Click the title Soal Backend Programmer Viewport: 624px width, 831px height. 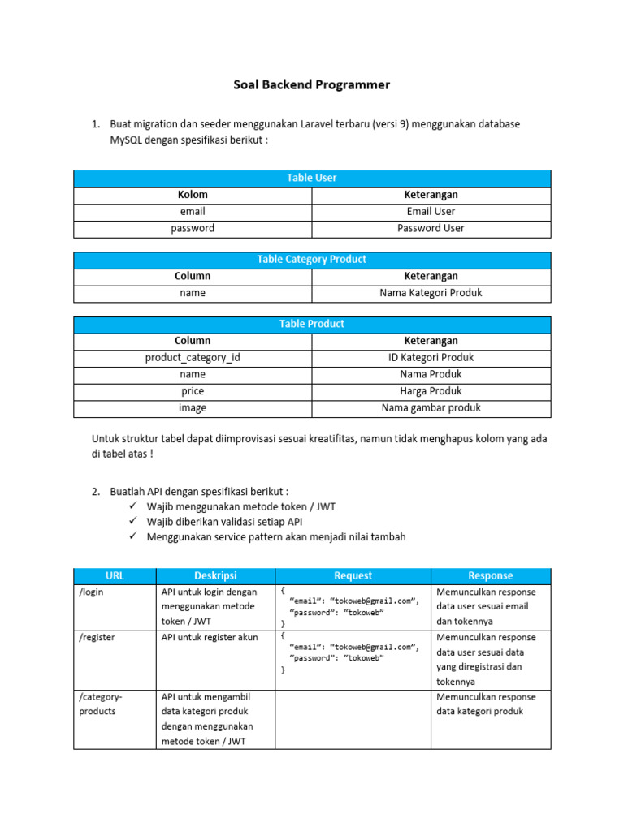tap(312, 84)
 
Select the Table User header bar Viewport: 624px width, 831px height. tap(312, 178)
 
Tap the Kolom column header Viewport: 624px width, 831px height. tap(193, 195)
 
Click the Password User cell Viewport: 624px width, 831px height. tap(431, 228)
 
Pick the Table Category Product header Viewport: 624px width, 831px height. tap(312, 260)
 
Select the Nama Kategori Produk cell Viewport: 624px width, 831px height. tap(431, 293)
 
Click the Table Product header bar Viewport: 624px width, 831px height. tap(312, 324)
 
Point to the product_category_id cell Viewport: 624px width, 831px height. tap(193, 357)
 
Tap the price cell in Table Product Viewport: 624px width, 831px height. tap(193, 391)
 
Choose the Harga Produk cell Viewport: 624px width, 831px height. tap(431, 391)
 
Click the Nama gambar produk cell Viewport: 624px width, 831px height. tap(431, 408)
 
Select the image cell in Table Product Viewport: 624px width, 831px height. tap(193, 408)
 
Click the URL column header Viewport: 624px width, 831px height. tap(115, 575)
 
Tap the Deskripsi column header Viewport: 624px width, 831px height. tap(215, 575)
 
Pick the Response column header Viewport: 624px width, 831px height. tap(491, 575)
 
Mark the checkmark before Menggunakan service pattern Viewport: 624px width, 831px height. tap(133, 537)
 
